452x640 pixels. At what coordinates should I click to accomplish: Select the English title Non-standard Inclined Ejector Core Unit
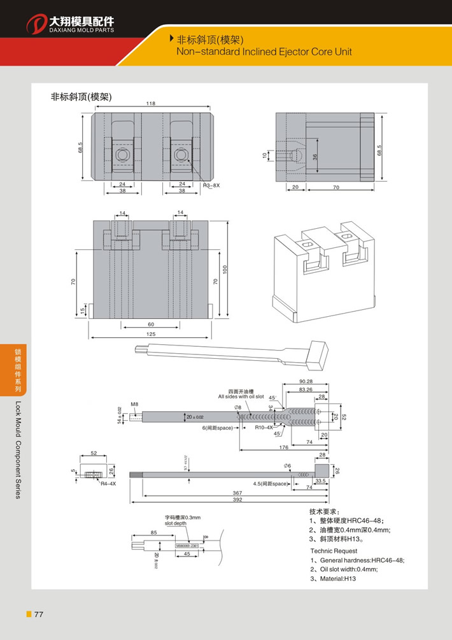click(264, 52)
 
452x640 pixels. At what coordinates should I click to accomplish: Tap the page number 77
click(39, 615)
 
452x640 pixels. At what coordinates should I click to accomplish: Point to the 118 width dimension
click(151, 103)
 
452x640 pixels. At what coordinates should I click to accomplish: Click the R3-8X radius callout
click(211, 185)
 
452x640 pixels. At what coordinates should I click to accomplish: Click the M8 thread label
click(134, 404)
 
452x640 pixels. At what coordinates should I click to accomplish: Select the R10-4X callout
click(264, 427)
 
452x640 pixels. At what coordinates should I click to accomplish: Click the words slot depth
click(176, 523)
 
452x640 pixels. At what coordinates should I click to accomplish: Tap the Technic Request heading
click(334, 550)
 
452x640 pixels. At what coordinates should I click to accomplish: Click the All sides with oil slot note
click(241, 396)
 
